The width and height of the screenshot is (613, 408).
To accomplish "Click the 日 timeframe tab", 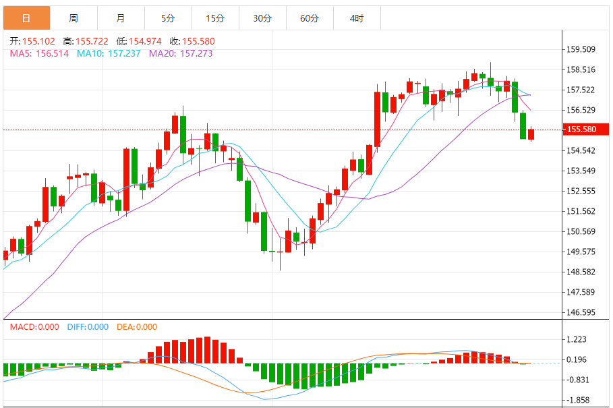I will [26, 18].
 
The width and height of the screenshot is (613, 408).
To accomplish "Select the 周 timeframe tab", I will [74, 18].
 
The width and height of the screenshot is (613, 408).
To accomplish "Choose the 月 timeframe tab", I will [121, 18].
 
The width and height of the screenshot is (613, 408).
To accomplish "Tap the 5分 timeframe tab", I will [168, 18].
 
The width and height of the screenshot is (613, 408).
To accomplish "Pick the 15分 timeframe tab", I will [215, 18].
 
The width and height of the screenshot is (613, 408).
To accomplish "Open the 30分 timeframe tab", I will [262, 18].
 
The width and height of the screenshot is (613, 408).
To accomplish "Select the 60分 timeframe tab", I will [310, 18].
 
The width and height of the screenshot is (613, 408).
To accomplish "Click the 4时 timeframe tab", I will [357, 18].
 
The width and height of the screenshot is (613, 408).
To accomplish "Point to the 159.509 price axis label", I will [581, 49].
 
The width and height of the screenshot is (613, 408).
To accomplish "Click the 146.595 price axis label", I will [581, 313].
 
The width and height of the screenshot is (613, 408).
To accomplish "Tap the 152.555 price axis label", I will [581, 191].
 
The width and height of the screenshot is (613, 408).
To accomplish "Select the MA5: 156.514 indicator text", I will [39, 53].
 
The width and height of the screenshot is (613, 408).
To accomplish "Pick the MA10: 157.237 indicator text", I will [109, 53].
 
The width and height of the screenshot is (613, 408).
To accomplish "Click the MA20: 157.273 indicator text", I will [181, 53].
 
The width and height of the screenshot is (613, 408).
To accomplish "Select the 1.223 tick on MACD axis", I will [577, 340].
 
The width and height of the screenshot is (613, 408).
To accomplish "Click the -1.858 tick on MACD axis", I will [577, 400].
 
